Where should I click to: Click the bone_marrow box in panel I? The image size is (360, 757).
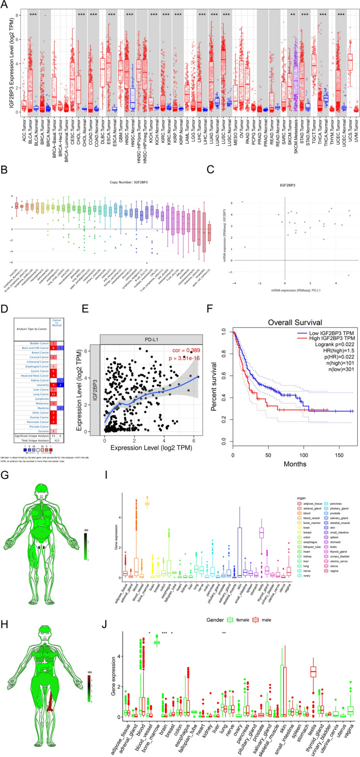147,504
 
